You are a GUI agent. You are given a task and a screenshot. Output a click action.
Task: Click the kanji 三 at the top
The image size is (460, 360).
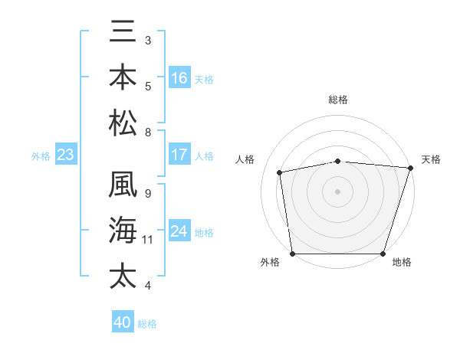[123, 33]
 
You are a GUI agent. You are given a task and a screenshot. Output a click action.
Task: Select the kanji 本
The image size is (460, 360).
[123, 77]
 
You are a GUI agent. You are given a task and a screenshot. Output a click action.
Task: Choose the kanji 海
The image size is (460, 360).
[123, 230]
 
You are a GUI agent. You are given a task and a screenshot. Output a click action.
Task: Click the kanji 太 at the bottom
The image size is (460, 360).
[123, 274]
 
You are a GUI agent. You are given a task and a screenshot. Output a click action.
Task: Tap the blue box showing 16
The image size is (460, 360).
[179, 77]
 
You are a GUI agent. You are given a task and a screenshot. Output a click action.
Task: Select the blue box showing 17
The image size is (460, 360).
[179, 155]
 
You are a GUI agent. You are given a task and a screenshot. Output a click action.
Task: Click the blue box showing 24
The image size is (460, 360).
[179, 231]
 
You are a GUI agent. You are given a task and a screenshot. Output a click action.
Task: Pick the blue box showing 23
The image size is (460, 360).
[65, 155]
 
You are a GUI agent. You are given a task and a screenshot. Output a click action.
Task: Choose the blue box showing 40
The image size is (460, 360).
[123, 322]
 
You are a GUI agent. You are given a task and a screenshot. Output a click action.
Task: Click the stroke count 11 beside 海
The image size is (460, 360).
[148, 240]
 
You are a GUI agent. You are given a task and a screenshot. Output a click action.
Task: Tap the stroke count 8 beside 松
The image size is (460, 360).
[148, 133]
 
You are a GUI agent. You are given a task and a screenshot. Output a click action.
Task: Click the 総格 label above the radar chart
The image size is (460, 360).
[337, 100]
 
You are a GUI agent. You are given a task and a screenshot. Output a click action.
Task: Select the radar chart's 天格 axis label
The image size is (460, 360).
[431, 159]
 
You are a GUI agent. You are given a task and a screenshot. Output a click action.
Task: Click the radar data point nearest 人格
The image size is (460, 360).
[281, 172]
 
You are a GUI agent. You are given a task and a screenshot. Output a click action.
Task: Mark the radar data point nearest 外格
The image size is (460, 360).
[292, 254]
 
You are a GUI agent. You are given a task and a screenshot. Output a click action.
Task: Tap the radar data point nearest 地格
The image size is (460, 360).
[383, 254]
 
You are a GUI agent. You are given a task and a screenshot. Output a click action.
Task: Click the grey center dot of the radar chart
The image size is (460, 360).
[337, 191]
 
